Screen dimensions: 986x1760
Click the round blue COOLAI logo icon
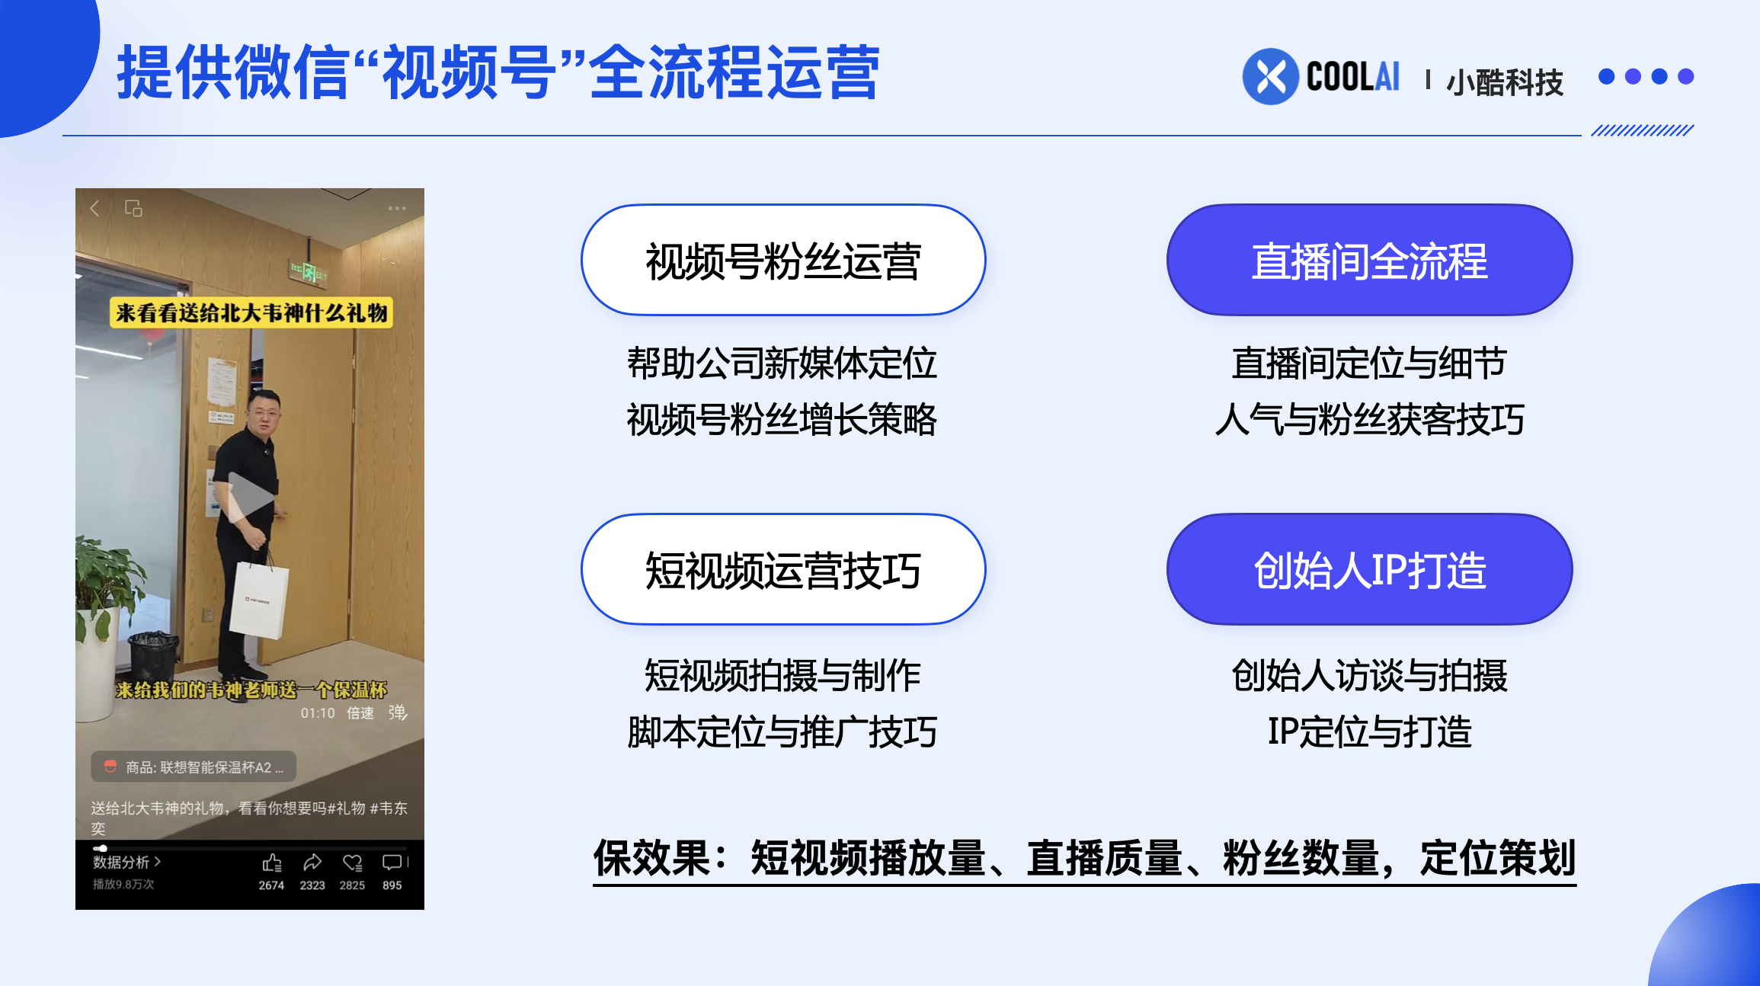1270,76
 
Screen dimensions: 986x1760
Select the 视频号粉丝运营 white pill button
783,260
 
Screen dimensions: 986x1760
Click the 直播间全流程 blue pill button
1369,260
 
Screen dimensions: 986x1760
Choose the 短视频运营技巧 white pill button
783,569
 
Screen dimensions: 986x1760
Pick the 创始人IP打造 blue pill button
1369,569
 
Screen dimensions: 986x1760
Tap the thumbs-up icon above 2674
272,863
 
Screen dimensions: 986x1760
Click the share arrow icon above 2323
312,863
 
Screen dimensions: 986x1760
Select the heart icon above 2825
352,863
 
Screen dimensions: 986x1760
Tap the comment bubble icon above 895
392,863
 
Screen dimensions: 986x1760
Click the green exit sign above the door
308,271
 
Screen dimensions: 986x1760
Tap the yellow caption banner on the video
251,312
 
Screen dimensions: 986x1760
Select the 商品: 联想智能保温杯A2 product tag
194,767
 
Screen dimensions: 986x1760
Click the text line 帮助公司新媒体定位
782,363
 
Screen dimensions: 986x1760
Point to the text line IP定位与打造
1369,731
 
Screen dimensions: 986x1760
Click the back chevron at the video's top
95,208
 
